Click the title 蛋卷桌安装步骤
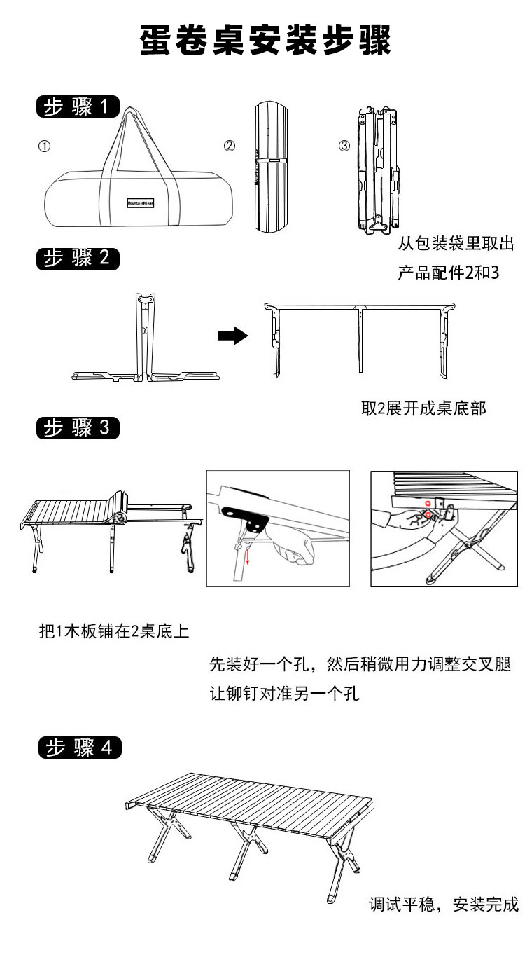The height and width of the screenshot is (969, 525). click(x=265, y=41)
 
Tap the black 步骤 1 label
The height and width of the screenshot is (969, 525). click(x=77, y=107)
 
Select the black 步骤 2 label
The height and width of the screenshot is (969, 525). click(x=77, y=258)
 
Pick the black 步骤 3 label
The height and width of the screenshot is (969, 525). click(x=77, y=427)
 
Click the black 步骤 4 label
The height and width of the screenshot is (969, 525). click(x=78, y=747)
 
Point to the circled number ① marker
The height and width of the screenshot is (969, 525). click(x=44, y=146)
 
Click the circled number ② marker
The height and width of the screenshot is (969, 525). click(x=230, y=146)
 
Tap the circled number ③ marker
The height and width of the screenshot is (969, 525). click(x=344, y=146)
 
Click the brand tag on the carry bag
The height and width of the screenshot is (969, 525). click(x=141, y=201)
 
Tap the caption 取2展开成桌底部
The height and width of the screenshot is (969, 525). click(x=423, y=408)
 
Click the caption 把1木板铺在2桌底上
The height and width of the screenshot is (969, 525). click(x=114, y=631)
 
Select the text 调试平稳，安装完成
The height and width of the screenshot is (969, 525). click(x=443, y=905)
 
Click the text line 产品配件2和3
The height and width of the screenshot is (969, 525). click(x=448, y=273)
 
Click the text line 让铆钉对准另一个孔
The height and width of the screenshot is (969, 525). click(x=284, y=694)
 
